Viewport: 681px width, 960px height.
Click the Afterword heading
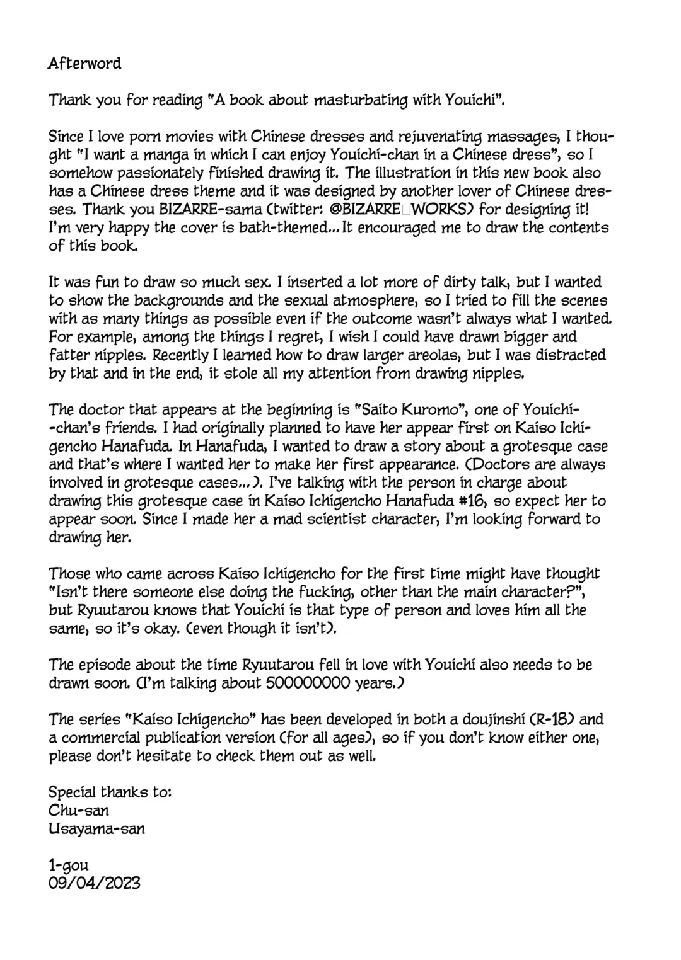coord(84,64)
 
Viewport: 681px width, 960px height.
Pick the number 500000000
coord(308,683)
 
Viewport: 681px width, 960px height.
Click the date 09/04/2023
coord(95,883)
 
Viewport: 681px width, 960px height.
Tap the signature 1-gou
coord(68,865)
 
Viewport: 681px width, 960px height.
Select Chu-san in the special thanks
coord(78,811)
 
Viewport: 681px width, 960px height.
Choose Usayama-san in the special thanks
coord(96,829)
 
